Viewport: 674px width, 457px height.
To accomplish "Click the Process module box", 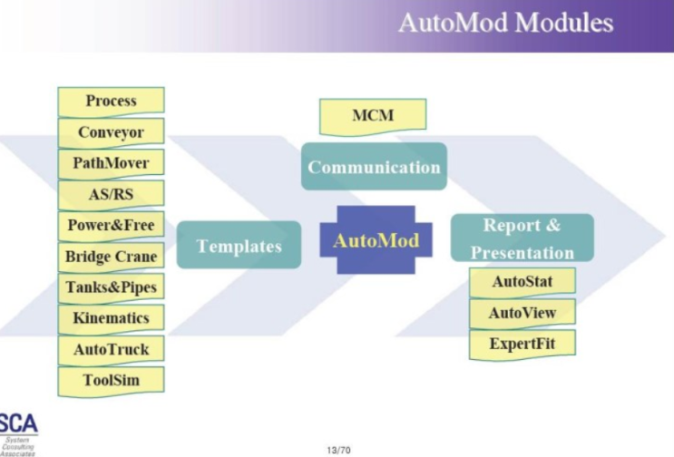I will [x=111, y=101].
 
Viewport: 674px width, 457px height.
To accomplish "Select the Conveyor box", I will [x=111, y=132].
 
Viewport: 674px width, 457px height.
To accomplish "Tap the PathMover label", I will [x=111, y=163].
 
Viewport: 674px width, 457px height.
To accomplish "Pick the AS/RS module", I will [x=111, y=194].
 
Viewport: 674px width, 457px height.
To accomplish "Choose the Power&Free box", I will [x=111, y=225].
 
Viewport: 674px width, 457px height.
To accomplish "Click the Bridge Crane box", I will [x=111, y=257].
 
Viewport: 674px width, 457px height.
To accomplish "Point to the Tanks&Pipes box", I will [x=111, y=287].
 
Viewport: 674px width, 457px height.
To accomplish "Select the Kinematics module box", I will [x=111, y=318].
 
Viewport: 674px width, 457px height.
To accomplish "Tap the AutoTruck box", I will [x=111, y=349].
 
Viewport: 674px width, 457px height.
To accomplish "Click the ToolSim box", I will [x=111, y=380].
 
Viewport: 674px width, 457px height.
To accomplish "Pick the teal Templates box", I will [x=239, y=246].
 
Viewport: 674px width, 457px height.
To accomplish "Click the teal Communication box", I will [x=374, y=167].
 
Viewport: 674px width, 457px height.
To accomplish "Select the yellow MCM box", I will [x=372, y=116].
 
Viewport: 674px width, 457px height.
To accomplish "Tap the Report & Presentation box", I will [x=522, y=238].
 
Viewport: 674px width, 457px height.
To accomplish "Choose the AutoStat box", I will [x=522, y=282].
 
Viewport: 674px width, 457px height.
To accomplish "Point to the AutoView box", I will [x=522, y=313].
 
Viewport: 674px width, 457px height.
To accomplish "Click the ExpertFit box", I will [x=522, y=345].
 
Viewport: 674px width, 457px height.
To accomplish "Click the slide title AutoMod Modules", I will [x=505, y=23].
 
